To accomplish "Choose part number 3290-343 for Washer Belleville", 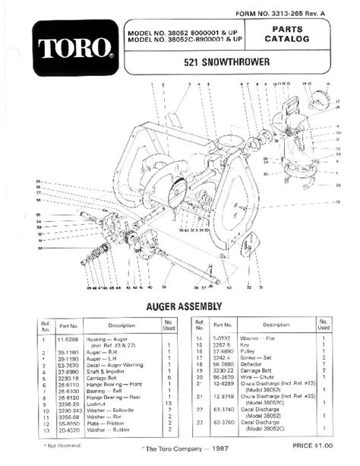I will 66,411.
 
